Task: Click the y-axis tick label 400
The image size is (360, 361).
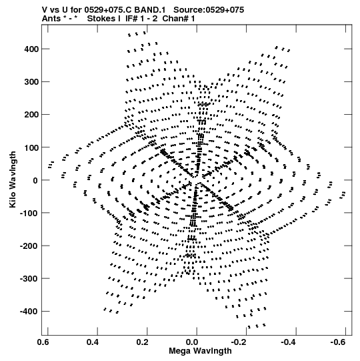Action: [31, 49]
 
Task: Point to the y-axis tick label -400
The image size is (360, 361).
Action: [29, 312]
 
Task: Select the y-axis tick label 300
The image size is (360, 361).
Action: [31, 82]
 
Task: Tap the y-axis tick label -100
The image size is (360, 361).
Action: [29, 213]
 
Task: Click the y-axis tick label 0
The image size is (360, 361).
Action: [35, 180]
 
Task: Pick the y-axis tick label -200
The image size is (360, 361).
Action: [29, 246]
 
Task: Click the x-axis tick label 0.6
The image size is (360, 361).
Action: [43, 342]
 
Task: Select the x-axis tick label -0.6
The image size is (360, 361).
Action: [338, 342]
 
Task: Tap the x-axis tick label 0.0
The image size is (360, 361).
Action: [192, 342]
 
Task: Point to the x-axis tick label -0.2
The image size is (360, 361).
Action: [239, 342]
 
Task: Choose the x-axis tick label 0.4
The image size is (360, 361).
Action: [93, 342]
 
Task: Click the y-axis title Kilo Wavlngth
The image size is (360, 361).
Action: [13, 179]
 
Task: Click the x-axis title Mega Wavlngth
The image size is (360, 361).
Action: [200, 351]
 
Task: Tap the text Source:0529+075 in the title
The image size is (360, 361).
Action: [209, 10]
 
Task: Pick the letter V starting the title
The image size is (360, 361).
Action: [45, 10]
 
